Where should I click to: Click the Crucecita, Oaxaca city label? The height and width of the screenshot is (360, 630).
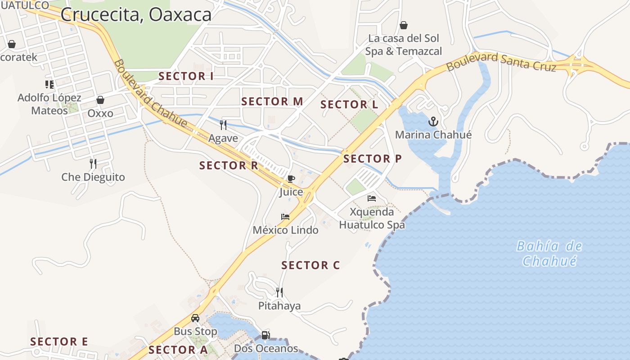point(136,14)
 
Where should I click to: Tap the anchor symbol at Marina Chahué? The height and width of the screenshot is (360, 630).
point(433,121)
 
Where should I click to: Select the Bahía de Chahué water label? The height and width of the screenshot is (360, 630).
point(549,253)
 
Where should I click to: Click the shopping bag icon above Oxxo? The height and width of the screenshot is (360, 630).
point(100,100)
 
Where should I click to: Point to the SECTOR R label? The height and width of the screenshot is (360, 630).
point(229,166)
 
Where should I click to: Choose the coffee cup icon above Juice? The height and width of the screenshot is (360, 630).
point(291,179)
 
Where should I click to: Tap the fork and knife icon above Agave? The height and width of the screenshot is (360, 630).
point(223,125)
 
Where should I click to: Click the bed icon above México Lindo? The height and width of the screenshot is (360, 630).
point(285,217)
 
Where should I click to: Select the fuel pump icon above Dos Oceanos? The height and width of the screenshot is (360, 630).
point(266,335)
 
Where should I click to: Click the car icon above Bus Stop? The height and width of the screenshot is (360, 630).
point(195,318)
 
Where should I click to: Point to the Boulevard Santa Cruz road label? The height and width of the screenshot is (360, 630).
point(501,62)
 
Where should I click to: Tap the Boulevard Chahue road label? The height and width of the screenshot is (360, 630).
point(150,94)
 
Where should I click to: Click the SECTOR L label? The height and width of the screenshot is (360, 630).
point(349,105)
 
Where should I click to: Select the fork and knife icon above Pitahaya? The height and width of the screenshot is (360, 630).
point(279,292)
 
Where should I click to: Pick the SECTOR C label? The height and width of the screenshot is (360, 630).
point(310,265)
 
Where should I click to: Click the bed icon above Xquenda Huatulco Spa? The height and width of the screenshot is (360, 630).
point(372,198)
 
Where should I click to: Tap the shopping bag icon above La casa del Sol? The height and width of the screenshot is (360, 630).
point(404,25)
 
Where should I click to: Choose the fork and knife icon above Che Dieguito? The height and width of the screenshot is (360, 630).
point(93,163)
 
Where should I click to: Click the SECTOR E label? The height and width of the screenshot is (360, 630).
point(59,342)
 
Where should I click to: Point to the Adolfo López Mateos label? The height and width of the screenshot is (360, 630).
point(49,104)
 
